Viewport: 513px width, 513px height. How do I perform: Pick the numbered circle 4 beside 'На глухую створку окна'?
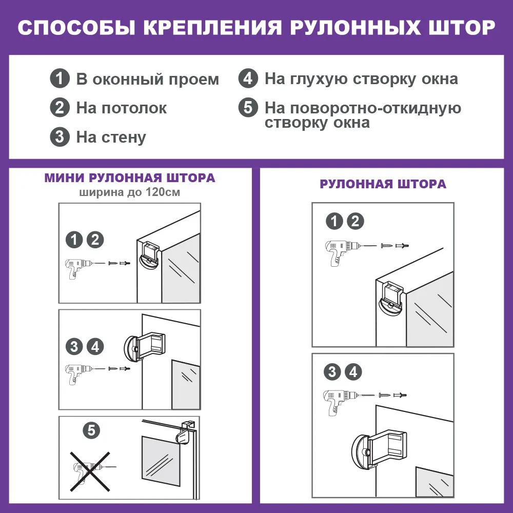pos(248,79)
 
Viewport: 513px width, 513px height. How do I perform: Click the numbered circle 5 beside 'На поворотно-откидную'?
pos(248,108)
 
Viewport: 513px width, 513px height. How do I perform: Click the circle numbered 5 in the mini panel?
pos(91,430)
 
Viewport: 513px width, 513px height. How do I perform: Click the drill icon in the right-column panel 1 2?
pos(341,252)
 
